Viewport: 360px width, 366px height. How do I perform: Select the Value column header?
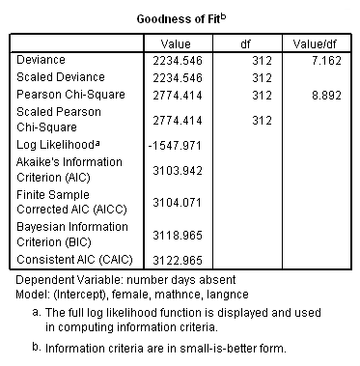[177, 43]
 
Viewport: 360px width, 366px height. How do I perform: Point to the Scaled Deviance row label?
[61, 77]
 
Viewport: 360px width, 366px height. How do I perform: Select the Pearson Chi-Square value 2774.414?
[180, 96]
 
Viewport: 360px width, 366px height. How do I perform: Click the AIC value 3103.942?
[180, 171]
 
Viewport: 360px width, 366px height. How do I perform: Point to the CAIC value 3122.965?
[180, 261]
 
